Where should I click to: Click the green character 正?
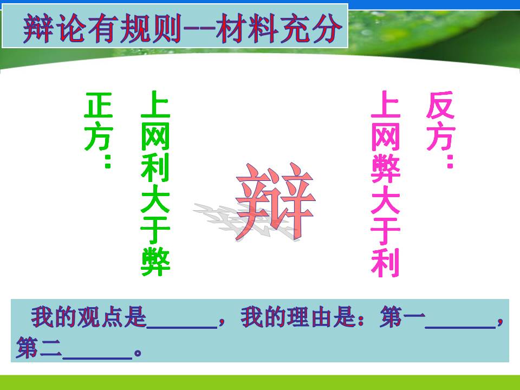(99, 105)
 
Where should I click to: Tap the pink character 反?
(440, 105)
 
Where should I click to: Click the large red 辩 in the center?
(275, 201)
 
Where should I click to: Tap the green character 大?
(155, 199)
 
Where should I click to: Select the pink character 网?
(385, 136)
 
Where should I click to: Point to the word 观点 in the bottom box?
(100, 317)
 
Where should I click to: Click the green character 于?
(155, 230)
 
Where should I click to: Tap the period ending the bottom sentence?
(138, 353)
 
